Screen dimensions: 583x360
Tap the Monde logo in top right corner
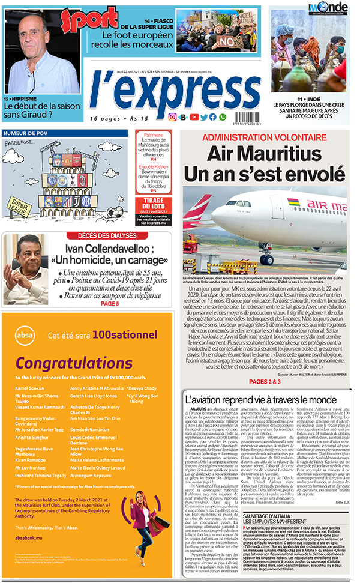[328, 8]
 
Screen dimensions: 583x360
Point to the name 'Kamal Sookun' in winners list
[30, 388]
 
